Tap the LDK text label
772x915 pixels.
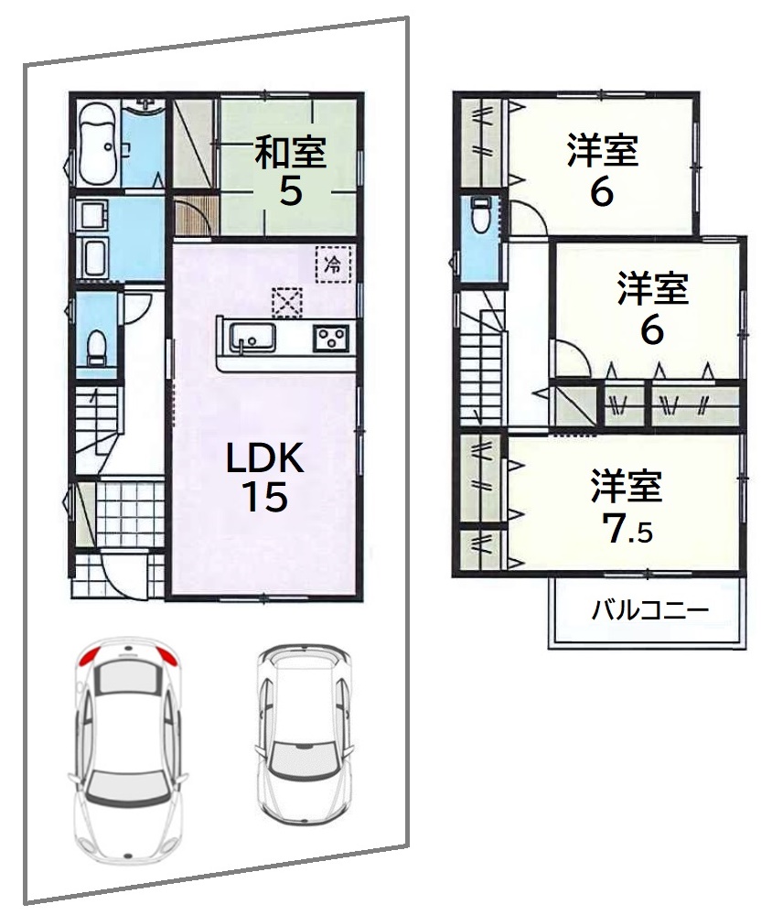click(x=265, y=457)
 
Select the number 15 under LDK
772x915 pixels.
click(x=265, y=497)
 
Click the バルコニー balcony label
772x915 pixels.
click(x=650, y=610)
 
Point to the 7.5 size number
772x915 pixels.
click(x=627, y=529)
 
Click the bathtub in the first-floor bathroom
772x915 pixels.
click(x=98, y=145)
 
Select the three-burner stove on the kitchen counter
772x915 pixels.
click(x=331, y=338)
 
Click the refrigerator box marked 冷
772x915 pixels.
click(x=334, y=264)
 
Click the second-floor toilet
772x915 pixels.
click(x=480, y=214)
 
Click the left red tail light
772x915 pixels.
click(x=90, y=657)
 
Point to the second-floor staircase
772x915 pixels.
click(x=481, y=368)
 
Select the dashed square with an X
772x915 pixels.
click(x=286, y=302)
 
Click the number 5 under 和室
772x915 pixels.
click(x=291, y=190)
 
